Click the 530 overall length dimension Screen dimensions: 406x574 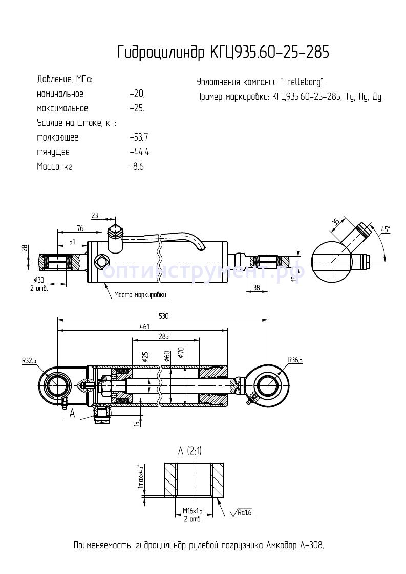click(x=163, y=316)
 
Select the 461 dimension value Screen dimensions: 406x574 click(x=145, y=327)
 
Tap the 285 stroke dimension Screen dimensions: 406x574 click(x=163, y=336)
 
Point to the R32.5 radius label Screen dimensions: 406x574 click(x=29, y=360)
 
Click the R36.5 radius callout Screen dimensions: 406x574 click(x=295, y=360)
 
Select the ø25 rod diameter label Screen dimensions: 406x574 click(x=145, y=357)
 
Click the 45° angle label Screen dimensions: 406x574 click(x=386, y=230)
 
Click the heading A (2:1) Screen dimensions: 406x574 click(x=189, y=451)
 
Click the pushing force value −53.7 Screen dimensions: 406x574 click(x=139, y=137)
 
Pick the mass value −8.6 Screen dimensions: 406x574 click(x=136, y=167)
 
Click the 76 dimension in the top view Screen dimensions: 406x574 click(x=80, y=228)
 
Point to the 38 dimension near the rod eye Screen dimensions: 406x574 click(x=257, y=288)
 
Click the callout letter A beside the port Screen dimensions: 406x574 click(x=72, y=414)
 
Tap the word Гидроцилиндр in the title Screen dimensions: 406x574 click(x=161, y=52)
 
